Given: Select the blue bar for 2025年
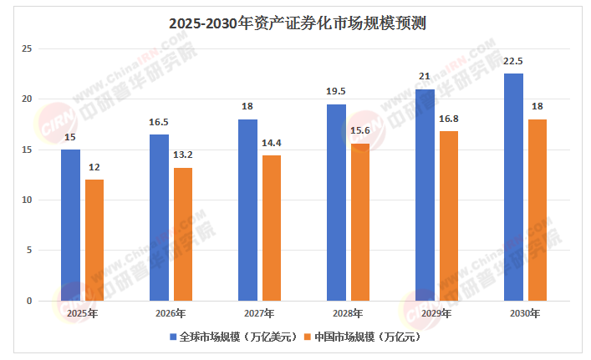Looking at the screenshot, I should [x=70, y=225].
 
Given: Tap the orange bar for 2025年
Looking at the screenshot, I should [x=94, y=240].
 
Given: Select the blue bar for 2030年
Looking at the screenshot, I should [x=513, y=187].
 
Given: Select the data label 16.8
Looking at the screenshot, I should [x=448, y=119].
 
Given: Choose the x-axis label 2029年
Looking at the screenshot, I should [x=436, y=314].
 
